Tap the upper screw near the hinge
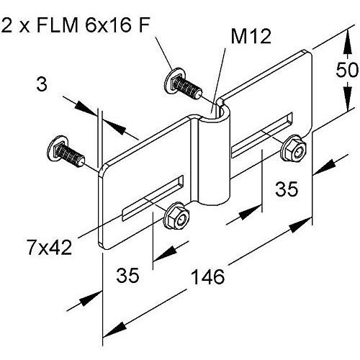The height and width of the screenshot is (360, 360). (182, 85)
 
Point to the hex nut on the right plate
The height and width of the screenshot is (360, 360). (293, 148)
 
